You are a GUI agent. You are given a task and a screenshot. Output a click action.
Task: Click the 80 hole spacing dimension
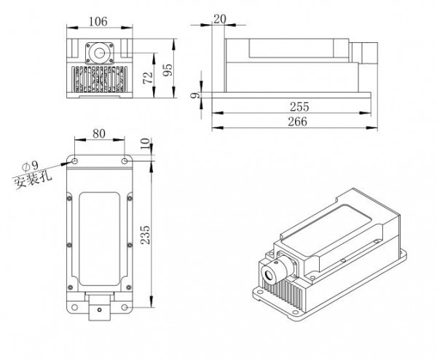pos(101,135)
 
